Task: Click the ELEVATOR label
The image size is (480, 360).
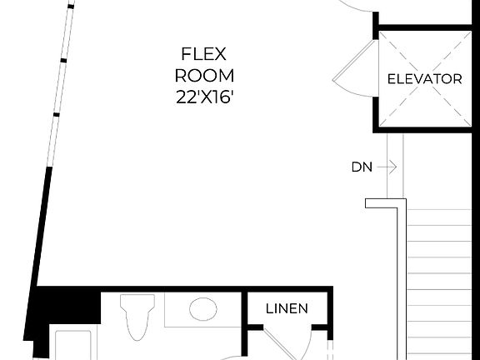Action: tap(424, 79)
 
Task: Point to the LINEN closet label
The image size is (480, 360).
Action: tap(287, 308)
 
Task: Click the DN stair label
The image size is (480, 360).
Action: tap(361, 167)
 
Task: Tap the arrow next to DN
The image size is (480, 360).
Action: tap(386, 167)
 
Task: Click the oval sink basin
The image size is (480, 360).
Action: tap(203, 310)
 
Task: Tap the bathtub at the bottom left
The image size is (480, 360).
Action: tap(75, 343)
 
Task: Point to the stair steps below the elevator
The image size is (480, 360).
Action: tap(439, 275)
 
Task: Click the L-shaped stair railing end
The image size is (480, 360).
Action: tap(384, 203)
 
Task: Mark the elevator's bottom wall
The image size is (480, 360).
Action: tap(424, 129)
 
